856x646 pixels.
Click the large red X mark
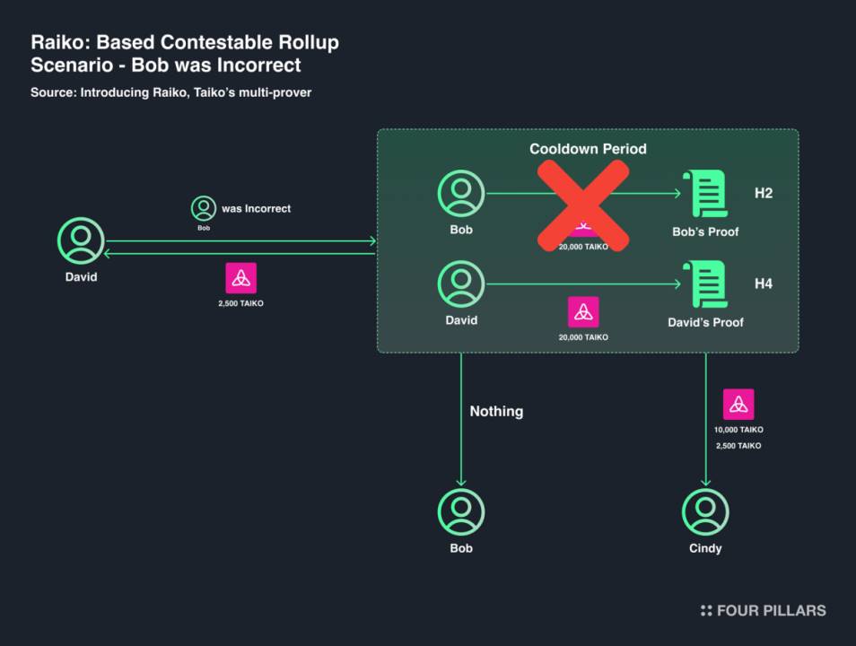[x=583, y=205]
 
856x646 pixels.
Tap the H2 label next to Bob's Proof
[x=764, y=193]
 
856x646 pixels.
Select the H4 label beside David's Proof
[x=764, y=284]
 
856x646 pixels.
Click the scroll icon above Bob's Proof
[x=704, y=193]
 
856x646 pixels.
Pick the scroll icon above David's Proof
[x=704, y=284]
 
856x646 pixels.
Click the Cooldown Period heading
[x=588, y=149]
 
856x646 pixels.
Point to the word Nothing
[x=496, y=411]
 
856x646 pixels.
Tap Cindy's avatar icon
[x=705, y=512]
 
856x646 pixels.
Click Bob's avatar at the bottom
[x=461, y=512]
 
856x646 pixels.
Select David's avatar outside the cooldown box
[x=81, y=240]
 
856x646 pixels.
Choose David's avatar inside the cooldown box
[x=461, y=284]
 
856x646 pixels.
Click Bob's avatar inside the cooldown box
[x=461, y=193]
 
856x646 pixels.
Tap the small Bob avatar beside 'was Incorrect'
[x=204, y=208]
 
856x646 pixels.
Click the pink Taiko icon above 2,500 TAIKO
[x=240, y=278]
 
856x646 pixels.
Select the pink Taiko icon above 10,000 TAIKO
[x=738, y=404]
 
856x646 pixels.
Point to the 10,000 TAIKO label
[x=738, y=430]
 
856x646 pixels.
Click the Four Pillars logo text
[x=771, y=610]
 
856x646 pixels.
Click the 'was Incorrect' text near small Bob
[x=256, y=208]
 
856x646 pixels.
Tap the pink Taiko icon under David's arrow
[x=583, y=312]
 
